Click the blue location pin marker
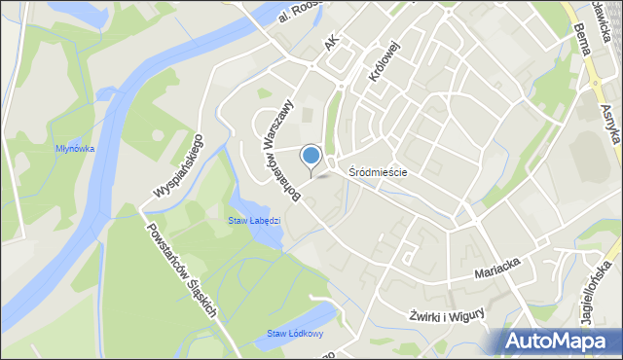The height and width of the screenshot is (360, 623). [x=311, y=156]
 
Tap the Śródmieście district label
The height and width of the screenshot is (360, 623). [x=378, y=172]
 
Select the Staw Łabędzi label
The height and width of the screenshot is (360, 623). [x=254, y=220]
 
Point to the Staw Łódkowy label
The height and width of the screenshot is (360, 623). [x=291, y=335]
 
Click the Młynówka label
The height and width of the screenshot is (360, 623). [x=74, y=149]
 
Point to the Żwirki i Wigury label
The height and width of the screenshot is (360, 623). [x=445, y=315]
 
